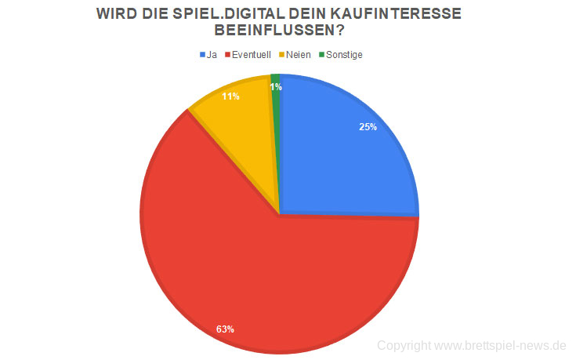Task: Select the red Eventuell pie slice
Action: tap(259, 275)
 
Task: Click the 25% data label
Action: tap(368, 127)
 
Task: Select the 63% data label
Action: tap(225, 329)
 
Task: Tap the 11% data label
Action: tap(230, 96)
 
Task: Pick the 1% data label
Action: tap(276, 87)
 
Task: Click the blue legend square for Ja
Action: tap(202, 55)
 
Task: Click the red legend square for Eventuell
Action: tap(228, 55)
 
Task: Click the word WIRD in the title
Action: tap(113, 14)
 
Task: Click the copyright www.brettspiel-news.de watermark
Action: tap(471, 345)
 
